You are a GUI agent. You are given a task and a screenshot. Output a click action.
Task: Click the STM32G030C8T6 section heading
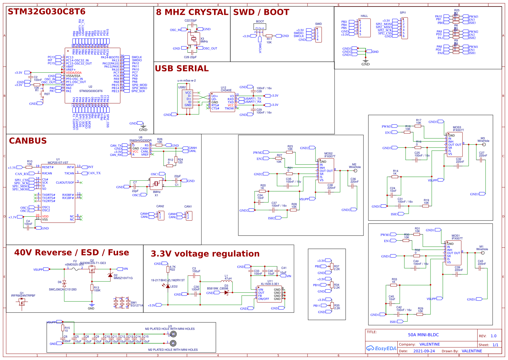(x=46, y=11)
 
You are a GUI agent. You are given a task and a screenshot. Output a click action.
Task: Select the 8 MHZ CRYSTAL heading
(x=192, y=12)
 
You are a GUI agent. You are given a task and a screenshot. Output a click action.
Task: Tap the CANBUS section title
(x=28, y=141)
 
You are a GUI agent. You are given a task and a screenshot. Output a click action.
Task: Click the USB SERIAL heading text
(x=181, y=68)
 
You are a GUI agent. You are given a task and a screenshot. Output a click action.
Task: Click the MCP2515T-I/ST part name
(x=58, y=163)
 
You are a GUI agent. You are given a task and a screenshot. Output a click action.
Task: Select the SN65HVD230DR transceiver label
(x=140, y=141)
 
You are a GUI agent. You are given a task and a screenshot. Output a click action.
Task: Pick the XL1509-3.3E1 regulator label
(x=270, y=284)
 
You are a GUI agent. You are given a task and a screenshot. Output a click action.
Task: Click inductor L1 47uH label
(x=228, y=277)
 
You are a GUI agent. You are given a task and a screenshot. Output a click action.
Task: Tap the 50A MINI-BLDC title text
(x=423, y=335)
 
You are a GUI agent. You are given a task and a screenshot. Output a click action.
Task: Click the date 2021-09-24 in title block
(x=424, y=351)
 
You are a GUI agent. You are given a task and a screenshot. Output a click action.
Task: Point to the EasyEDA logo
(x=381, y=348)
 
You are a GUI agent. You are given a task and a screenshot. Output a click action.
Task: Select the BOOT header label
(x=260, y=22)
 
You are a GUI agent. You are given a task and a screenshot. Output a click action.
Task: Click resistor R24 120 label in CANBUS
(x=180, y=161)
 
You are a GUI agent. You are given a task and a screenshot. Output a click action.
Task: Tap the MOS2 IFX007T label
(x=329, y=155)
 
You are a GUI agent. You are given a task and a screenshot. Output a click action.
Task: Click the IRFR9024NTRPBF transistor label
(x=23, y=295)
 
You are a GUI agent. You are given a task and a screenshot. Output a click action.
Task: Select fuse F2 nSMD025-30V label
(x=74, y=263)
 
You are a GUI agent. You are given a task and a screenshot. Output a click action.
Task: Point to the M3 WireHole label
(x=483, y=140)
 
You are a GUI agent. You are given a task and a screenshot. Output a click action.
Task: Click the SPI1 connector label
(x=403, y=13)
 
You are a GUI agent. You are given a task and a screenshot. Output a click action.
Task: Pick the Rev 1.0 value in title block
(x=493, y=336)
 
